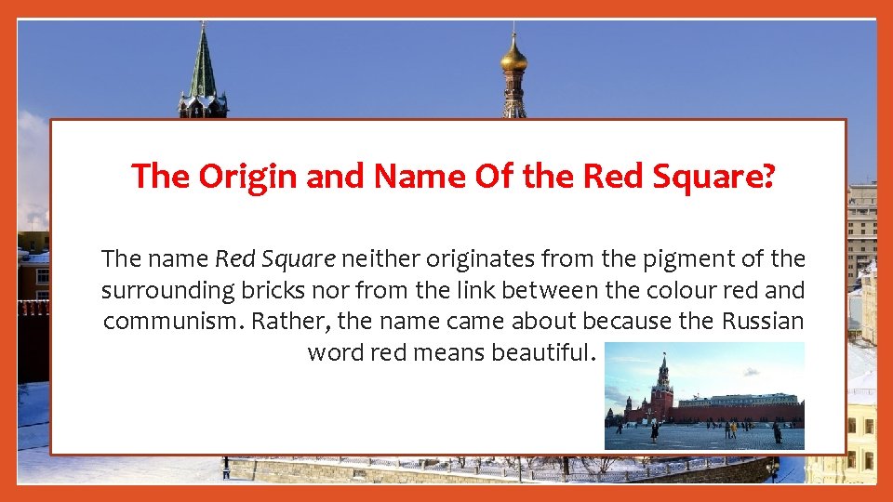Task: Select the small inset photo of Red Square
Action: click(704, 396)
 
